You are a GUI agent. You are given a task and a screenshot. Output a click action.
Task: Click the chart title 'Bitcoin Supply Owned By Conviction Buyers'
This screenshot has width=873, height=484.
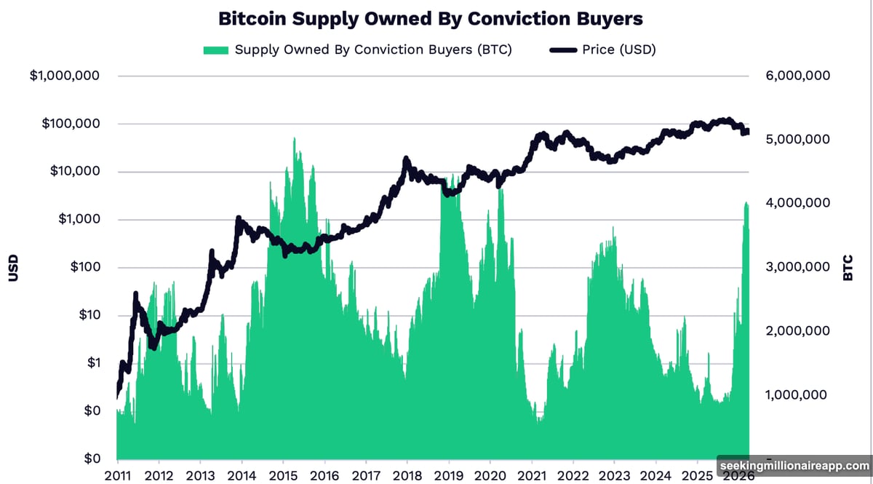(x=431, y=18)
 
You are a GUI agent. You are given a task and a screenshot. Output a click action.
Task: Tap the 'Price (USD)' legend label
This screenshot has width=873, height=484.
(x=619, y=49)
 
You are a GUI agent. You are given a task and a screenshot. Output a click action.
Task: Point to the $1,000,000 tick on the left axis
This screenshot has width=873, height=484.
(x=64, y=76)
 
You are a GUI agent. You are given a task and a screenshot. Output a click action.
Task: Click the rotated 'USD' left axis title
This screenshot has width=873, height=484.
(x=14, y=268)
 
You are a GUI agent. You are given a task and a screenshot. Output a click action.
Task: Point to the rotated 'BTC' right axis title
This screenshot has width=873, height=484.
(x=848, y=268)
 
